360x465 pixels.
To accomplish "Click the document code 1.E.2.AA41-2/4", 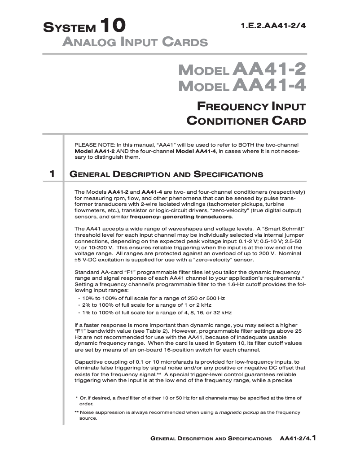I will click(273, 26).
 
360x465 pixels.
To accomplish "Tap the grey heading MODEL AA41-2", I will click(242, 70).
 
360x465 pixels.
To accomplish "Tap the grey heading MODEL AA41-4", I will click(242, 85).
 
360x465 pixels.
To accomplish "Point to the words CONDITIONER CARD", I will click(246, 121).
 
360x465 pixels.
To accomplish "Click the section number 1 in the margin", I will click(53, 174).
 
